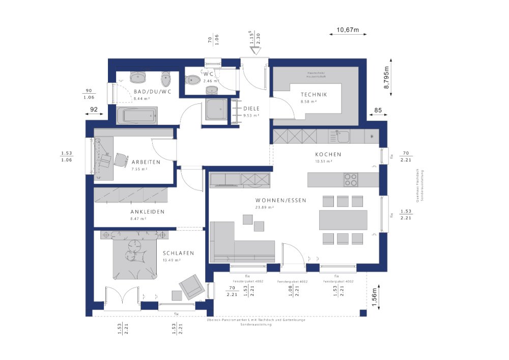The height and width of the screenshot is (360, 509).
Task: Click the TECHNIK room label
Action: pyautogui.click(x=314, y=95)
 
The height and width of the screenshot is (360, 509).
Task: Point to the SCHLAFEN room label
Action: pyautogui.click(x=178, y=253)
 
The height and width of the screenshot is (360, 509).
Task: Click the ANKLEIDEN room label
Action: pyautogui.click(x=147, y=212)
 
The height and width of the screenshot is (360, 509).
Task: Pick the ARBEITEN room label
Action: pyautogui.click(x=146, y=162)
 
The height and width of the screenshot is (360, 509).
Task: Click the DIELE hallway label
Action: pyautogui.click(x=251, y=108)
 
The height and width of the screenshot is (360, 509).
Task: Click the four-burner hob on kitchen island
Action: pyautogui.click(x=351, y=180)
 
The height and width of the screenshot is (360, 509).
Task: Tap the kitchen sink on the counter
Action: pyautogui.click(x=340, y=136)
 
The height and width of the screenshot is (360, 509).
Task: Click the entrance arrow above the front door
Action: pyautogui.click(x=254, y=50)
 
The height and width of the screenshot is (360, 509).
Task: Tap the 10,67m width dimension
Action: pyautogui.click(x=348, y=30)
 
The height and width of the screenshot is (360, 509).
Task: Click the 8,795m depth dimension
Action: pyautogui.click(x=386, y=78)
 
